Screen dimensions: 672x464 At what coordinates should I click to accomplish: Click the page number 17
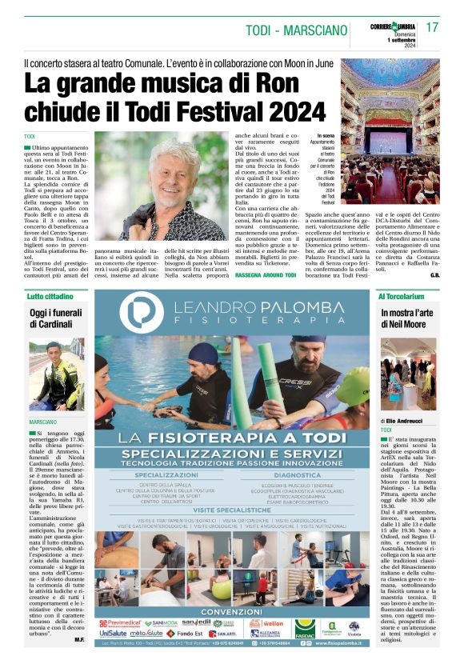pyautogui.click(x=433, y=27)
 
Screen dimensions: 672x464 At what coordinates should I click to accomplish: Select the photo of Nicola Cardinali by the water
pyautogui.click(x=57, y=375)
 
